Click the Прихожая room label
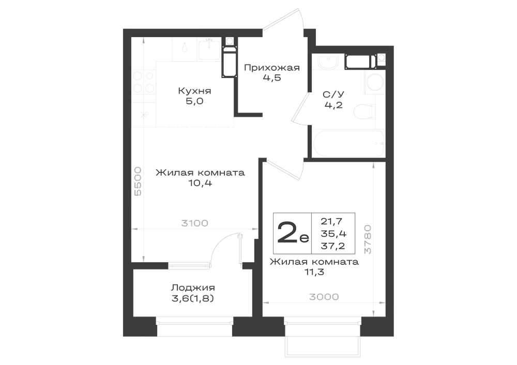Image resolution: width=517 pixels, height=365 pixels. coord(272,68)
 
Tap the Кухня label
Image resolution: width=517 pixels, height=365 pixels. coord(194,91)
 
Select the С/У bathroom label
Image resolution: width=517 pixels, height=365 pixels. coord(333,94)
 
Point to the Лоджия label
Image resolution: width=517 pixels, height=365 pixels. coord(193,288)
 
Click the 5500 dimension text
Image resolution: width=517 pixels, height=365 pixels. coord(138,181)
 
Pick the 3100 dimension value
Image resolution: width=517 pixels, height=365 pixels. coord(195,223)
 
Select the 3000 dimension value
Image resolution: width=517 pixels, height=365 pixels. coord(324,297)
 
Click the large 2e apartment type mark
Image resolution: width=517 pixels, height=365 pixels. coord(293,232)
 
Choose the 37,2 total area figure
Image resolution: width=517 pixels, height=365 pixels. coord(333,246)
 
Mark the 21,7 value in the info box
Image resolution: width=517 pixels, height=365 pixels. coord(332,221)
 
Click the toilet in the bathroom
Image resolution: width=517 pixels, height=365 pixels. coord(364,112)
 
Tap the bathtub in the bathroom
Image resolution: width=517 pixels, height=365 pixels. coord(348,144)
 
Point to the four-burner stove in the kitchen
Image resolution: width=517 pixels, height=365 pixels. coord(144,82)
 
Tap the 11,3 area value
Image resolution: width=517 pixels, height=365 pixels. coord(314,272)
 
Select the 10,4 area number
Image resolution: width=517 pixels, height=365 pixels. coord(200,183)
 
